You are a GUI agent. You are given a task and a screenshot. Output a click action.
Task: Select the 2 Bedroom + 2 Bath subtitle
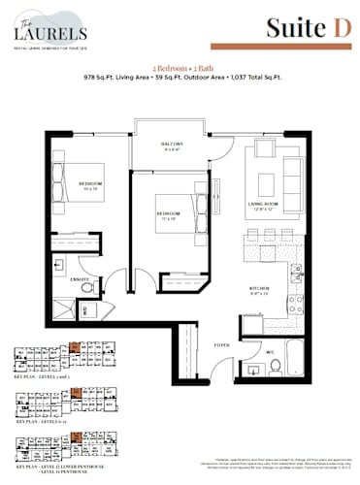180,65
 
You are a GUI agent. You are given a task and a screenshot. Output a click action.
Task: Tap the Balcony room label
173,145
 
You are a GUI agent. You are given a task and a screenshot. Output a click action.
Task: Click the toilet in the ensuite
87,287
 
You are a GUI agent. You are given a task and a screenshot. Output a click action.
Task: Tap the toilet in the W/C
274,366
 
